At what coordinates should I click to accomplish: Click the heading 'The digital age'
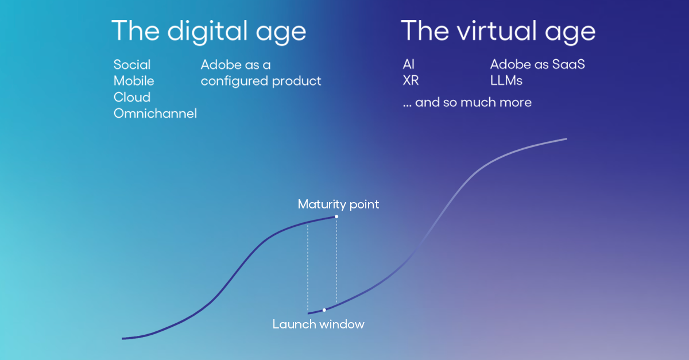click(x=208, y=30)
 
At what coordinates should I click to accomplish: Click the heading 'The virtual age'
click(x=498, y=30)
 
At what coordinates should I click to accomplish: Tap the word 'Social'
click(x=132, y=64)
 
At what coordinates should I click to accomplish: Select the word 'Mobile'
click(x=134, y=81)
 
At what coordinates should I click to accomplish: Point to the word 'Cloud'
click(x=132, y=97)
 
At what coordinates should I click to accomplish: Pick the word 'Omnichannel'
click(x=155, y=114)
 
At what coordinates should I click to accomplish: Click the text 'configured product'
click(x=261, y=81)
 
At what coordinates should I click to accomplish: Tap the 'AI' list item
click(x=409, y=64)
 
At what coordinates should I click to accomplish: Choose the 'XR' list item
click(x=411, y=81)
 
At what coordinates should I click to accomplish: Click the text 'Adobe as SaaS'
click(x=537, y=64)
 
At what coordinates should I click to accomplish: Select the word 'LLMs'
click(x=506, y=81)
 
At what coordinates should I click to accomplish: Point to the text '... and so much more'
click(x=467, y=103)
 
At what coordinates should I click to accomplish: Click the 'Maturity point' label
click(x=338, y=204)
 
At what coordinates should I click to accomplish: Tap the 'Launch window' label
click(x=318, y=324)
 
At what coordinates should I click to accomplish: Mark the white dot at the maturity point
click(x=336, y=216)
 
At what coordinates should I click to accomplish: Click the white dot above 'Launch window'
click(x=324, y=310)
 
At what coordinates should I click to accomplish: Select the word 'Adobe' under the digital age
click(x=220, y=64)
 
